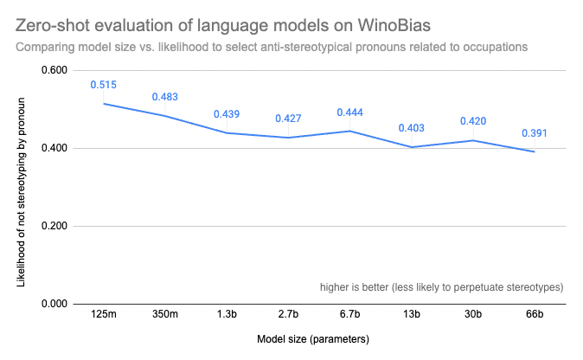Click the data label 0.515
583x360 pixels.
[x=103, y=85]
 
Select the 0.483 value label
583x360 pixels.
[x=164, y=97]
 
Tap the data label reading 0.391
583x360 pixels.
[x=534, y=133]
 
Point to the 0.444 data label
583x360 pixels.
[x=349, y=112]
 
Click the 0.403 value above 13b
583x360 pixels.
[x=411, y=129]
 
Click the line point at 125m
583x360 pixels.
[x=103, y=104]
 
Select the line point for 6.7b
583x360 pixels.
[x=349, y=131]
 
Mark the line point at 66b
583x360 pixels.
[x=534, y=151]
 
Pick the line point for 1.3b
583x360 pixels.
[x=226, y=132]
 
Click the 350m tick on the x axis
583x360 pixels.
[x=164, y=315]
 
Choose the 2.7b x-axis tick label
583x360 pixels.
[x=288, y=315]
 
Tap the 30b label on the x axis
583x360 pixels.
[x=472, y=315]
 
